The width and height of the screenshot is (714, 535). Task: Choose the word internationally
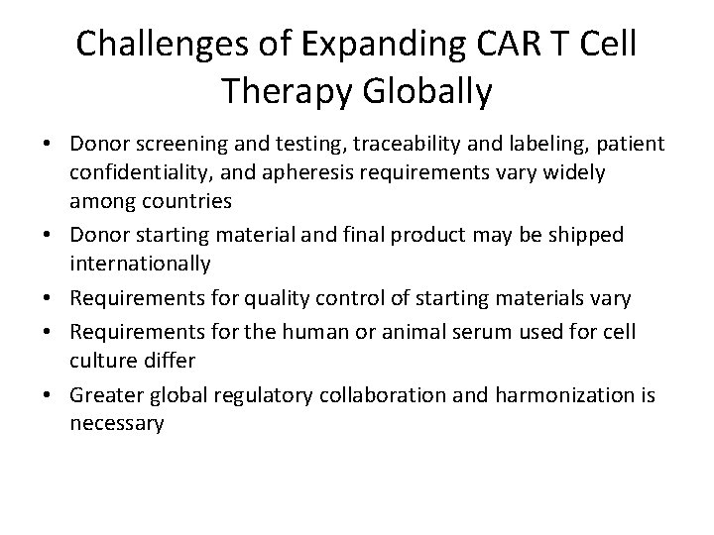(x=140, y=265)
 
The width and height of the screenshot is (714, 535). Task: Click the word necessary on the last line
(x=116, y=423)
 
